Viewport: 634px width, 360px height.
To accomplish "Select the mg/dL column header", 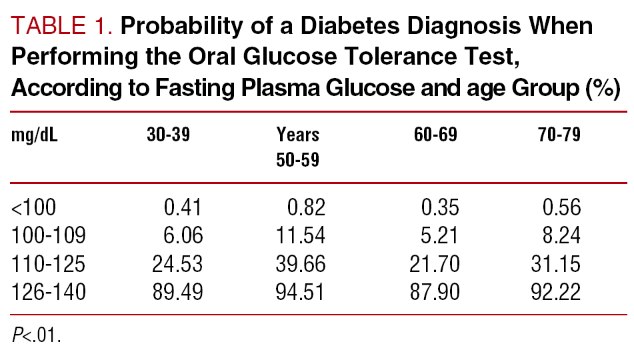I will pos(35,135).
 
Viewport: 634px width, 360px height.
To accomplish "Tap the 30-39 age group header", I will pos(169,135).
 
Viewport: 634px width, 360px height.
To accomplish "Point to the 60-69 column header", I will pos(436,135).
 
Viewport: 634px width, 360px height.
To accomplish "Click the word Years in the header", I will pos(298,135).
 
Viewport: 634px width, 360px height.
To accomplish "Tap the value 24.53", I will pos(177,265).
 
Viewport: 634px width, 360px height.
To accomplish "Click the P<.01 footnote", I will pos(36,335).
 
